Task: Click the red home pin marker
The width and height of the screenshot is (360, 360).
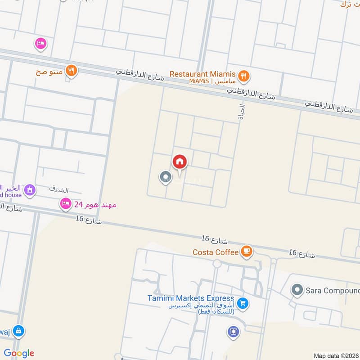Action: click(180, 162)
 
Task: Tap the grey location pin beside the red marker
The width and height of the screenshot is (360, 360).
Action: click(165, 177)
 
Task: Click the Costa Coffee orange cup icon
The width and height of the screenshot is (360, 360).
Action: click(246, 252)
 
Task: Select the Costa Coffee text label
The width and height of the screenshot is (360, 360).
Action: click(215, 252)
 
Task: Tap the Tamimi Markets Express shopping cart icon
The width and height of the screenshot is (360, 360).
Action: click(243, 304)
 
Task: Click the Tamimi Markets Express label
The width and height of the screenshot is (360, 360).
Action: click(191, 298)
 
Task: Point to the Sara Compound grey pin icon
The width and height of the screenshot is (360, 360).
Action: click(297, 290)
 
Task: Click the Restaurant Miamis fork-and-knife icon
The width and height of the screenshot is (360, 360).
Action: click(243, 76)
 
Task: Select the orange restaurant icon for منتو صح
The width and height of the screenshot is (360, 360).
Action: click(71, 70)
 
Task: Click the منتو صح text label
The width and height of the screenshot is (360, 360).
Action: click(49, 71)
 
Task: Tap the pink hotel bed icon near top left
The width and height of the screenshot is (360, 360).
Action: click(40, 44)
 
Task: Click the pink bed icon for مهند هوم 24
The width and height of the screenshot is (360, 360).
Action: click(66, 204)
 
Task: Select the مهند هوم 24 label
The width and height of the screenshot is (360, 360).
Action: click(95, 205)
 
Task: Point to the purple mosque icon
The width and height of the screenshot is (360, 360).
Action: click(30, 190)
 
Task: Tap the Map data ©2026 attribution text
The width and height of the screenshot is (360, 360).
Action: click(335, 355)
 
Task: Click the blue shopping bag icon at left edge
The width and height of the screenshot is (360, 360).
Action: click(19, 331)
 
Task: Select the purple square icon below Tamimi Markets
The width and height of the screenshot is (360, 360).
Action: click(233, 332)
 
